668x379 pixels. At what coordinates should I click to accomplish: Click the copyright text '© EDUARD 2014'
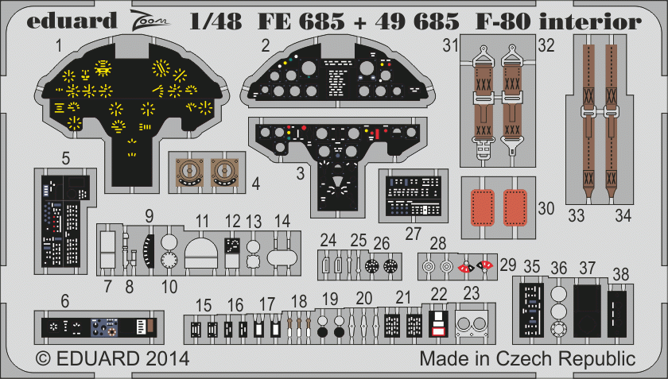click(x=112, y=358)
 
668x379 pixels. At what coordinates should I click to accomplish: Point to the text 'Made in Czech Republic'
click(x=527, y=358)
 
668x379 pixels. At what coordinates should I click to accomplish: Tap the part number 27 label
click(x=412, y=233)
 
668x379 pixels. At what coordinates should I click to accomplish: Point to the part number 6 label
click(x=64, y=300)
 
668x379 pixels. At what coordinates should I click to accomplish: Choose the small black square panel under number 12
click(x=232, y=246)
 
